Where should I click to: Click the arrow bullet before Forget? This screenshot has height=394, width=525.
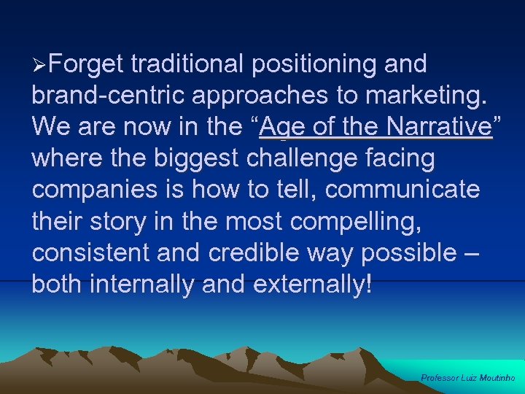pos(41,66)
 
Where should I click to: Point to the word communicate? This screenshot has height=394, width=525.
pos(403,190)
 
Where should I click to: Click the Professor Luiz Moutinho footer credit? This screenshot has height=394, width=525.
pos(468,378)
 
